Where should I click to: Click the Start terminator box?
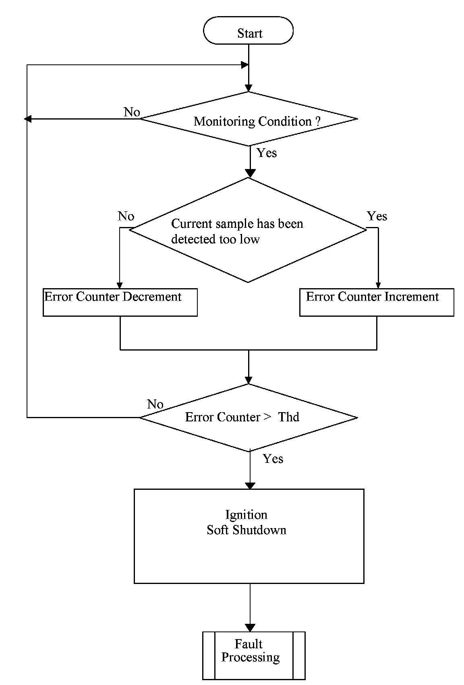point(248,31)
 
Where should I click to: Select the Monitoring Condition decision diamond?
point(249,119)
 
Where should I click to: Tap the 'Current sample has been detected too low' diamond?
point(248,230)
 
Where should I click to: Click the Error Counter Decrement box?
point(120,302)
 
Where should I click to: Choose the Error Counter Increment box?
point(377,302)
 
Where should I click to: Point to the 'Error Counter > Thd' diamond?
point(249,417)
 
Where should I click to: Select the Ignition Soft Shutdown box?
point(249,536)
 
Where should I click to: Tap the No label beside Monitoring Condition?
point(132,112)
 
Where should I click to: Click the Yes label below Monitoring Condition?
point(267,153)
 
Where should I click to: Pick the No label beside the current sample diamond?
point(126,216)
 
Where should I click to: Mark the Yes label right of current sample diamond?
point(377,216)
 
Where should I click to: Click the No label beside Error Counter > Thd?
point(155,404)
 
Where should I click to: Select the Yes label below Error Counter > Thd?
point(273,459)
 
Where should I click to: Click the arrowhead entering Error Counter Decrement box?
point(120,285)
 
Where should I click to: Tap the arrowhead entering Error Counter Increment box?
point(378,285)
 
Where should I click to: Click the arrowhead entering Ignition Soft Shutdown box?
point(250,486)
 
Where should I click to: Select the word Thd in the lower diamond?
point(288,417)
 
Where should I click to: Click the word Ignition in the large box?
point(246,515)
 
